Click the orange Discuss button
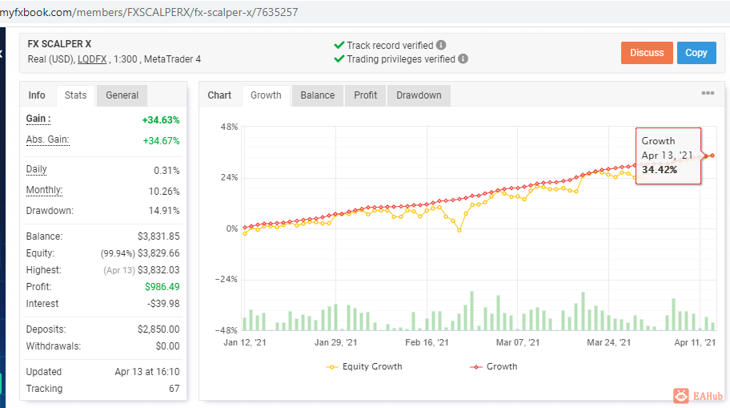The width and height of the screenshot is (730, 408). pyautogui.click(x=647, y=53)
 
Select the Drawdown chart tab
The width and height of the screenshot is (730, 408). pyautogui.click(x=419, y=95)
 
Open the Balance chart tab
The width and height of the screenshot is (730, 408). pyautogui.click(x=318, y=95)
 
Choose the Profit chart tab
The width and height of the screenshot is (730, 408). pyautogui.click(x=366, y=95)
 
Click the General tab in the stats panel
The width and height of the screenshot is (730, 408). pyautogui.click(x=122, y=95)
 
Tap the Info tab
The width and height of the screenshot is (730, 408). pyautogui.click(x=37, y=95)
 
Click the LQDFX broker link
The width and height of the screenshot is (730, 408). pyautogui.click(x=92, y=59)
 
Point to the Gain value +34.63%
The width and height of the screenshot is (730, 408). pyautogui.click(x=161, y=120)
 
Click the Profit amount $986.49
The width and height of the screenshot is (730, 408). pyautogui.click(x=162, y=287)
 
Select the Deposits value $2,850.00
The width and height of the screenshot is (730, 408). pyautogui.click(x=158, y=329)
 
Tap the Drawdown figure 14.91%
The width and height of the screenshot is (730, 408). pyautogui.click(x=164, y=211)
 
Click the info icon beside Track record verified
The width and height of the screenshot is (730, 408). pyautogui.click(x=441, y=45)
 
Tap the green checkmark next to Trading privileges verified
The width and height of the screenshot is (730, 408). pyautogui.click(x=339, y=59)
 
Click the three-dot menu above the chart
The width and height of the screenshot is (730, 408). pyautogui.click(x=708, y=93)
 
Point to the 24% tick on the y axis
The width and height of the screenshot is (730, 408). pyautogui.click(x=229, y=178)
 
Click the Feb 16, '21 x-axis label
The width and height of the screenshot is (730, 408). pyautogui.click(x=427, y=343)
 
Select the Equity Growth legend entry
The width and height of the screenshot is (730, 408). pyautogui.click(x=364, y=366)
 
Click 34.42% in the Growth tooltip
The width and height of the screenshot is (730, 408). pyautogui.click(x=660, y=170)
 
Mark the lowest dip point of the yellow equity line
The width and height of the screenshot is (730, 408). pyautogui.click(x=459, y=230)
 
